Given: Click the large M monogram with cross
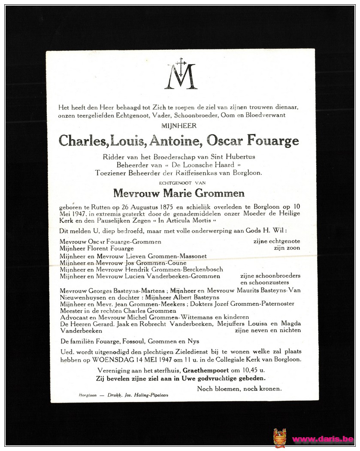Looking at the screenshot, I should click(x=181, y=74).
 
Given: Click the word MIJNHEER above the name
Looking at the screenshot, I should click(x=179, y=125).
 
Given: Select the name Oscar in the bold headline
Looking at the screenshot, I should click(x=224, y=140).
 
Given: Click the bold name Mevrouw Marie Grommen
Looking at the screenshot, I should click(x=179, y=193).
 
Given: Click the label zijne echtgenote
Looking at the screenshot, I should click(x=276, y=241).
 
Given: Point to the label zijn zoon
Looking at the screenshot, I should click(x=287, y=248).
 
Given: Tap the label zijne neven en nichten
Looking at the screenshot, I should click(x=268, y=330).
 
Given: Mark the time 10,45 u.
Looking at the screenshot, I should click(x=253, y=370).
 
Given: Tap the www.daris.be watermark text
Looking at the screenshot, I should click(x=323, y=439).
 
